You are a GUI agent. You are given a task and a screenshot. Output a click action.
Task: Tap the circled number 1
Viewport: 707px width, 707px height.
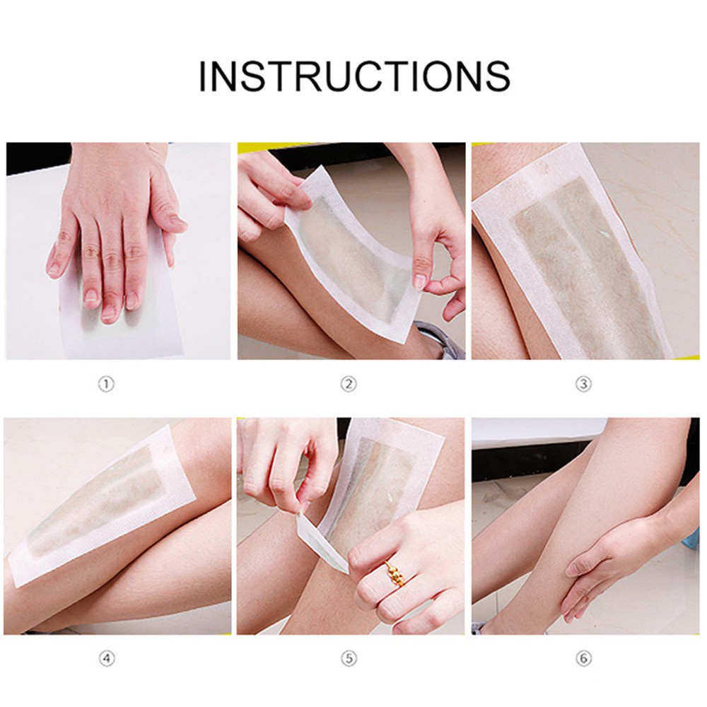click(x=107, y=384)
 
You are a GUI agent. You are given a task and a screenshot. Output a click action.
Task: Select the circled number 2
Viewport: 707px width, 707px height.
click(x=348, y=384)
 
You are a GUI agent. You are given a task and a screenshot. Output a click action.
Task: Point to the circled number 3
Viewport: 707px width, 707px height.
click(x=583, y=384)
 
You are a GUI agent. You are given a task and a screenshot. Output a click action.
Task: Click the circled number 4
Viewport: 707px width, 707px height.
click(x=107, y=659)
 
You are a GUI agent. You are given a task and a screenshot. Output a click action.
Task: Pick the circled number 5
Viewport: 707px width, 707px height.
click(x=348, y=659)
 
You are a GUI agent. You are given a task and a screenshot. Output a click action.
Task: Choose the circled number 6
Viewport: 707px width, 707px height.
click(x=583, y=659)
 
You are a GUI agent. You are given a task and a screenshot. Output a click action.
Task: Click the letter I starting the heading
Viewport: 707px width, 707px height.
click(x=202, y=76)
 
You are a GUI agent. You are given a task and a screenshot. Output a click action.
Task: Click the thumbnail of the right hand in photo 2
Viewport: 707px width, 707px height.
click(x=420, y=281)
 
